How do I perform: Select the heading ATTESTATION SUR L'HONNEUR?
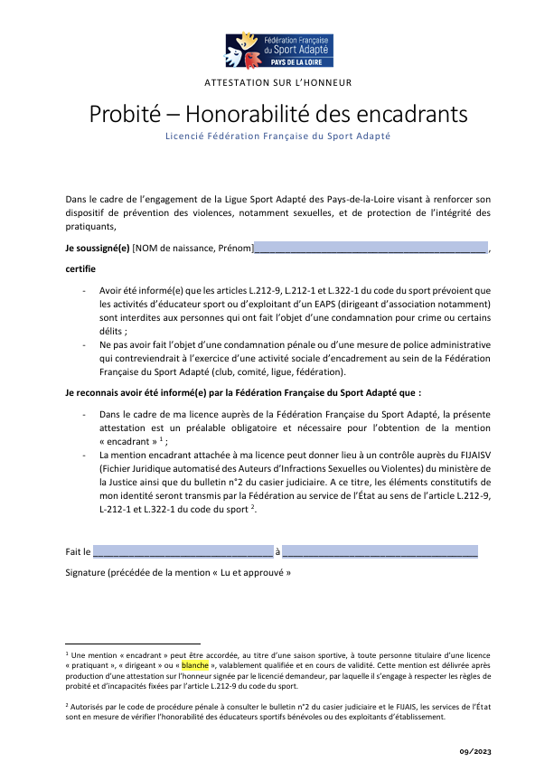coord(277,82)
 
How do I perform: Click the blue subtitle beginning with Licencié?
coord(277,136)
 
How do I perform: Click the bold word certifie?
coord(81,268)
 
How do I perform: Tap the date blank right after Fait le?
coord(182,551)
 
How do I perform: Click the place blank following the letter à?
coord(380,551)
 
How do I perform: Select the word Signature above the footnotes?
coord(85,572)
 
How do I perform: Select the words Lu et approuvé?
coord(254,572)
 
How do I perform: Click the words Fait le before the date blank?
coord(78,551)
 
